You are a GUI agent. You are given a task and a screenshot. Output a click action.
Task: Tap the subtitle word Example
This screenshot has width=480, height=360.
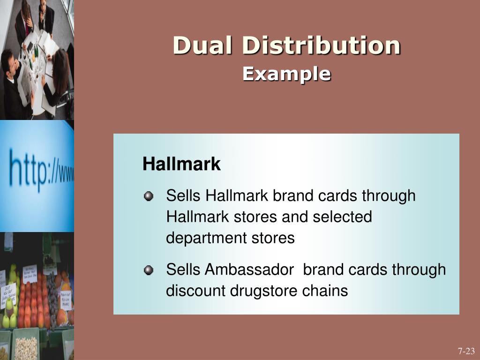(x=286, y=74)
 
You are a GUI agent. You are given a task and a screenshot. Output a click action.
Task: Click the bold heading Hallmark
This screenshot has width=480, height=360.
(x=181, y=165)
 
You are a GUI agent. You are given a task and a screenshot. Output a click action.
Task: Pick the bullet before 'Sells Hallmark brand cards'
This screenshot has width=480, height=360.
(x=149, y=196)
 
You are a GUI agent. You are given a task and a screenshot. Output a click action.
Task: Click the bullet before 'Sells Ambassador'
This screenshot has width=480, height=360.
(x=149, y=270)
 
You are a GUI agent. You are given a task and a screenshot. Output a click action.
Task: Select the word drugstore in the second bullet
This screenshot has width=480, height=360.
(x=257, y=291)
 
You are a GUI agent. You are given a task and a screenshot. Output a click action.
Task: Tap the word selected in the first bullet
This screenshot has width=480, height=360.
(x=342, y=217)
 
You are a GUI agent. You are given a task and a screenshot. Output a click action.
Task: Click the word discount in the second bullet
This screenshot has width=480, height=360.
(x=196, y=291)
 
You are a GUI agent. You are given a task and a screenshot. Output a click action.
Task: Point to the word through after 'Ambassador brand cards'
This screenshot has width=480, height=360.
(x=419, y=270)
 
